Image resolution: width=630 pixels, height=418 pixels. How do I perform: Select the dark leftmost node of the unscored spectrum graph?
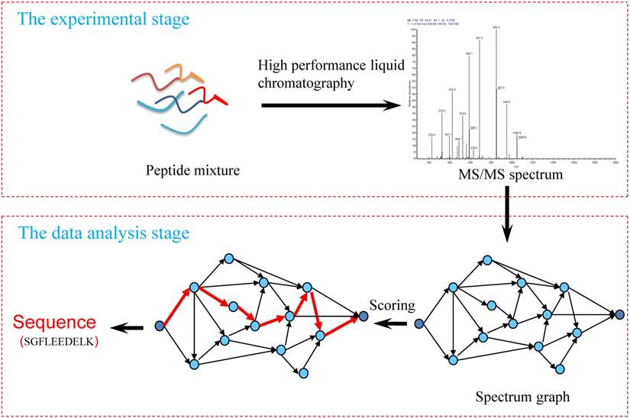(x=418, y=324)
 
